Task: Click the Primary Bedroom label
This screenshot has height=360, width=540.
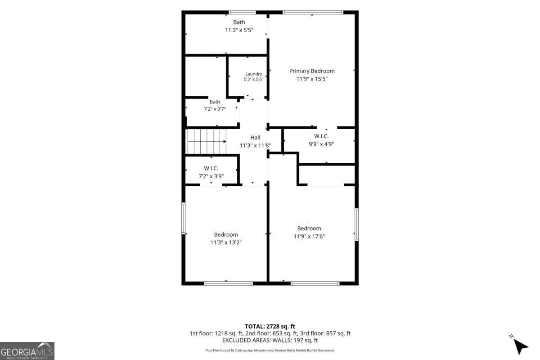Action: click(312, 71)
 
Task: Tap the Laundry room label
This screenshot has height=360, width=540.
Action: click(253, 74)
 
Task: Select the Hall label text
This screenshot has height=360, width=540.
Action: click(255, 137)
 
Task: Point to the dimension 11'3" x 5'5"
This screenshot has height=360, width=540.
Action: click(239, 30)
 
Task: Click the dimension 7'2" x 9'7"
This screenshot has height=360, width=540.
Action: click(215, 109)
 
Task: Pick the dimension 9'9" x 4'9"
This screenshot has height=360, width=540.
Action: click(321, 144)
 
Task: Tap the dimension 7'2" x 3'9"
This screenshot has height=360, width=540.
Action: click(211, 176)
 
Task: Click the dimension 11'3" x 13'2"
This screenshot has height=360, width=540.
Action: click(226, 243)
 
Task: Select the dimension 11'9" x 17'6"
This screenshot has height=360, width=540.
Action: click(309, 236)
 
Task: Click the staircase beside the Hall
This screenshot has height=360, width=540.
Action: click(207, 141)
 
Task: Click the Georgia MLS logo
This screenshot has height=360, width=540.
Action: click(27, 351)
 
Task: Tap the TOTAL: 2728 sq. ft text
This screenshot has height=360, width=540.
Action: click(270, 327)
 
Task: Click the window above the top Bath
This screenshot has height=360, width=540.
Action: click(242, 13)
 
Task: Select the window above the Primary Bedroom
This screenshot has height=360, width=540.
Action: click(313, 13)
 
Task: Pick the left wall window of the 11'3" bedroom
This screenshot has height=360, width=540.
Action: click(184, 218)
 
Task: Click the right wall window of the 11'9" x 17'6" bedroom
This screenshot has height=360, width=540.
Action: click(356, 225)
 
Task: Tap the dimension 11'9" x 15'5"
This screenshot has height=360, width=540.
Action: click(312, 79)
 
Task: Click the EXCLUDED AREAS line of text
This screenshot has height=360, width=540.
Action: click(270, 341)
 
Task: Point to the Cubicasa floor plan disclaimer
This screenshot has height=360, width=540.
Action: click(270, 351)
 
